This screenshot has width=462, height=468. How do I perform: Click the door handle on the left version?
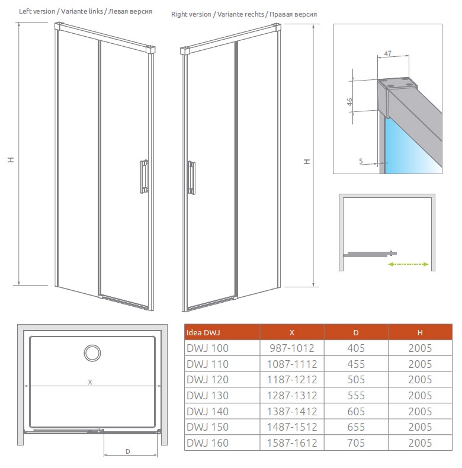[x=144, y=177]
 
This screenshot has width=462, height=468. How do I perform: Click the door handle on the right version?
[x=191, y=178]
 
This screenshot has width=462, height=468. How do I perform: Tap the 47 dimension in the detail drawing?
[x=388, y=53]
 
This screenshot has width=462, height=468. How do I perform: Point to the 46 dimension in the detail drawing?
[x=349, y=102]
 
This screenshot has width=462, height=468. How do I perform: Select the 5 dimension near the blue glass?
[x=361, y=161]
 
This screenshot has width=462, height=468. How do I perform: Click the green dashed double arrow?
[x=408, y=264]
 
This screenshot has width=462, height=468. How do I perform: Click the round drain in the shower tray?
[x=92, y=353]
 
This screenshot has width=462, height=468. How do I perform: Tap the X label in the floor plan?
[x=90, y=382]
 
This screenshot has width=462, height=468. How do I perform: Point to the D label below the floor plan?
[x=128, y=451]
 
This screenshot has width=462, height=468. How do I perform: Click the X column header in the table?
[x=292, y=332]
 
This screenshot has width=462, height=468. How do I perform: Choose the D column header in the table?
[x=356, y=332]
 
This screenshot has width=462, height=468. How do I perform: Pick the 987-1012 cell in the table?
[x=292, y=348]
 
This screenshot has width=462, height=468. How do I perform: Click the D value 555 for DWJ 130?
[x=356, y=396]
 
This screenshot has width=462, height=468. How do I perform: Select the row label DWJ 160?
[x=207, y=443]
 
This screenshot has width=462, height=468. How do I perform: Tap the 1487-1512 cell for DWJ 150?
[x=292, y=427]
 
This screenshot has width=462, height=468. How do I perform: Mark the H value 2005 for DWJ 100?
[x=420, y=348]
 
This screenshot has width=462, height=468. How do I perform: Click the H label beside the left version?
[x=11, y=160]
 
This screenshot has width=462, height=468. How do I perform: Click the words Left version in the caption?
[x=37, y=11]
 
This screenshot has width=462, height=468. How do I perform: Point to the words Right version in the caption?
[x=191, y=14]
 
